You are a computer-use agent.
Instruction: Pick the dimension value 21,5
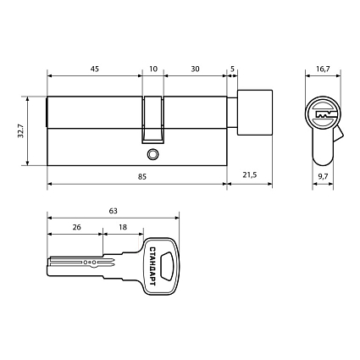[x=249, y=176]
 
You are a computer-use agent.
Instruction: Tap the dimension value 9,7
[x=322, y=176]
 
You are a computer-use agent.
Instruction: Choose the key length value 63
[x=112, y=210]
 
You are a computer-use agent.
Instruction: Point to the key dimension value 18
[x=123, y=229]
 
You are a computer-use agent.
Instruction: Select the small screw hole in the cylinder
[x=152, y=155]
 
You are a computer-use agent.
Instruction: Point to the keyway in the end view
[x=322, y=114]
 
